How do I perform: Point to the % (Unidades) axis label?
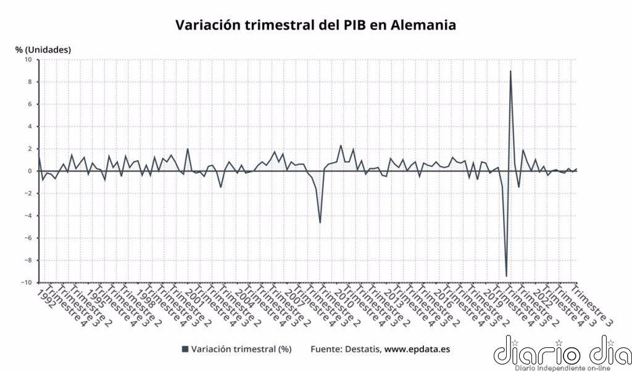[43, 49]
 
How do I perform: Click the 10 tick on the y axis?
[28, 60]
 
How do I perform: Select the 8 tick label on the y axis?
[30, 82]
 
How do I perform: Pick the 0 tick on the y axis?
[30, 171]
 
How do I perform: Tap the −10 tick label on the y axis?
[27, 282]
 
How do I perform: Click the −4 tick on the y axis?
[28, 216]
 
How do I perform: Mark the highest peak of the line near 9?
[510, 71]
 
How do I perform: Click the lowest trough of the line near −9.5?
[506, 276]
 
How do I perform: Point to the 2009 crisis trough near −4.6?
[320, 222]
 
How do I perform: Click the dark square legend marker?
[185, 349]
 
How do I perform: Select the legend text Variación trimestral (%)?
[241, 349]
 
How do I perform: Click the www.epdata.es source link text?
[417, 349]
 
